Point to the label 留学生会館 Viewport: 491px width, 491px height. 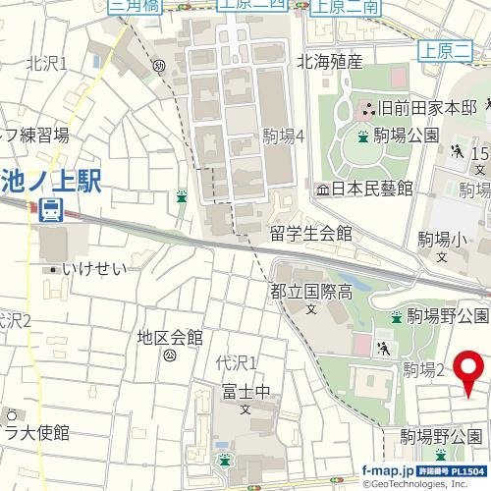coord(311,234)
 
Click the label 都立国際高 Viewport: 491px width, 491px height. coord(311,291)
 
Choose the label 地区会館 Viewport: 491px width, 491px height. coord(170,337)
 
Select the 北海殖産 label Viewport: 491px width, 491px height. coord(329,62)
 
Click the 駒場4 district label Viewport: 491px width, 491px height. coord(284,136)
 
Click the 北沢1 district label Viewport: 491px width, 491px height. coord(46,64)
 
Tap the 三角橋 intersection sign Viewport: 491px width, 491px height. coord(135,6)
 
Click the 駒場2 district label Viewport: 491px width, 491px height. coord(424,369)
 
